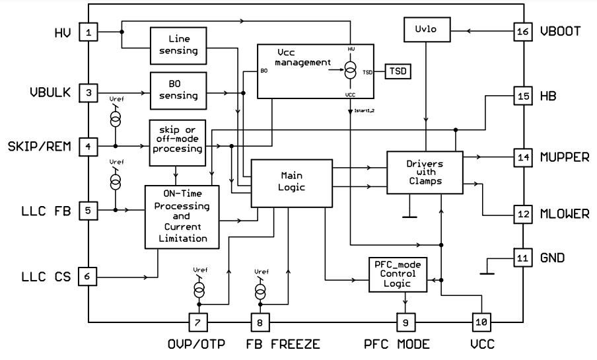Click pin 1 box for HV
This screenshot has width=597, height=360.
pos(88,31)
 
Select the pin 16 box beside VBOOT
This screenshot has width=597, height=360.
pos(522,31)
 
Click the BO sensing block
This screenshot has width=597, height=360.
pos(179,89)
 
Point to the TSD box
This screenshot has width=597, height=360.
pos(398,71)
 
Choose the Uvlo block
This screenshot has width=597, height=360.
pos(427,30)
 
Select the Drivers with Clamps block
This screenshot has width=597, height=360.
pos(425,171)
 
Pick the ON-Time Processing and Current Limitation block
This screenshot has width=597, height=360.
pos(182,216)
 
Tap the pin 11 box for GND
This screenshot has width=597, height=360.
pos(522,257)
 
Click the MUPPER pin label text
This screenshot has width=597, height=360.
pos(565,158)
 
